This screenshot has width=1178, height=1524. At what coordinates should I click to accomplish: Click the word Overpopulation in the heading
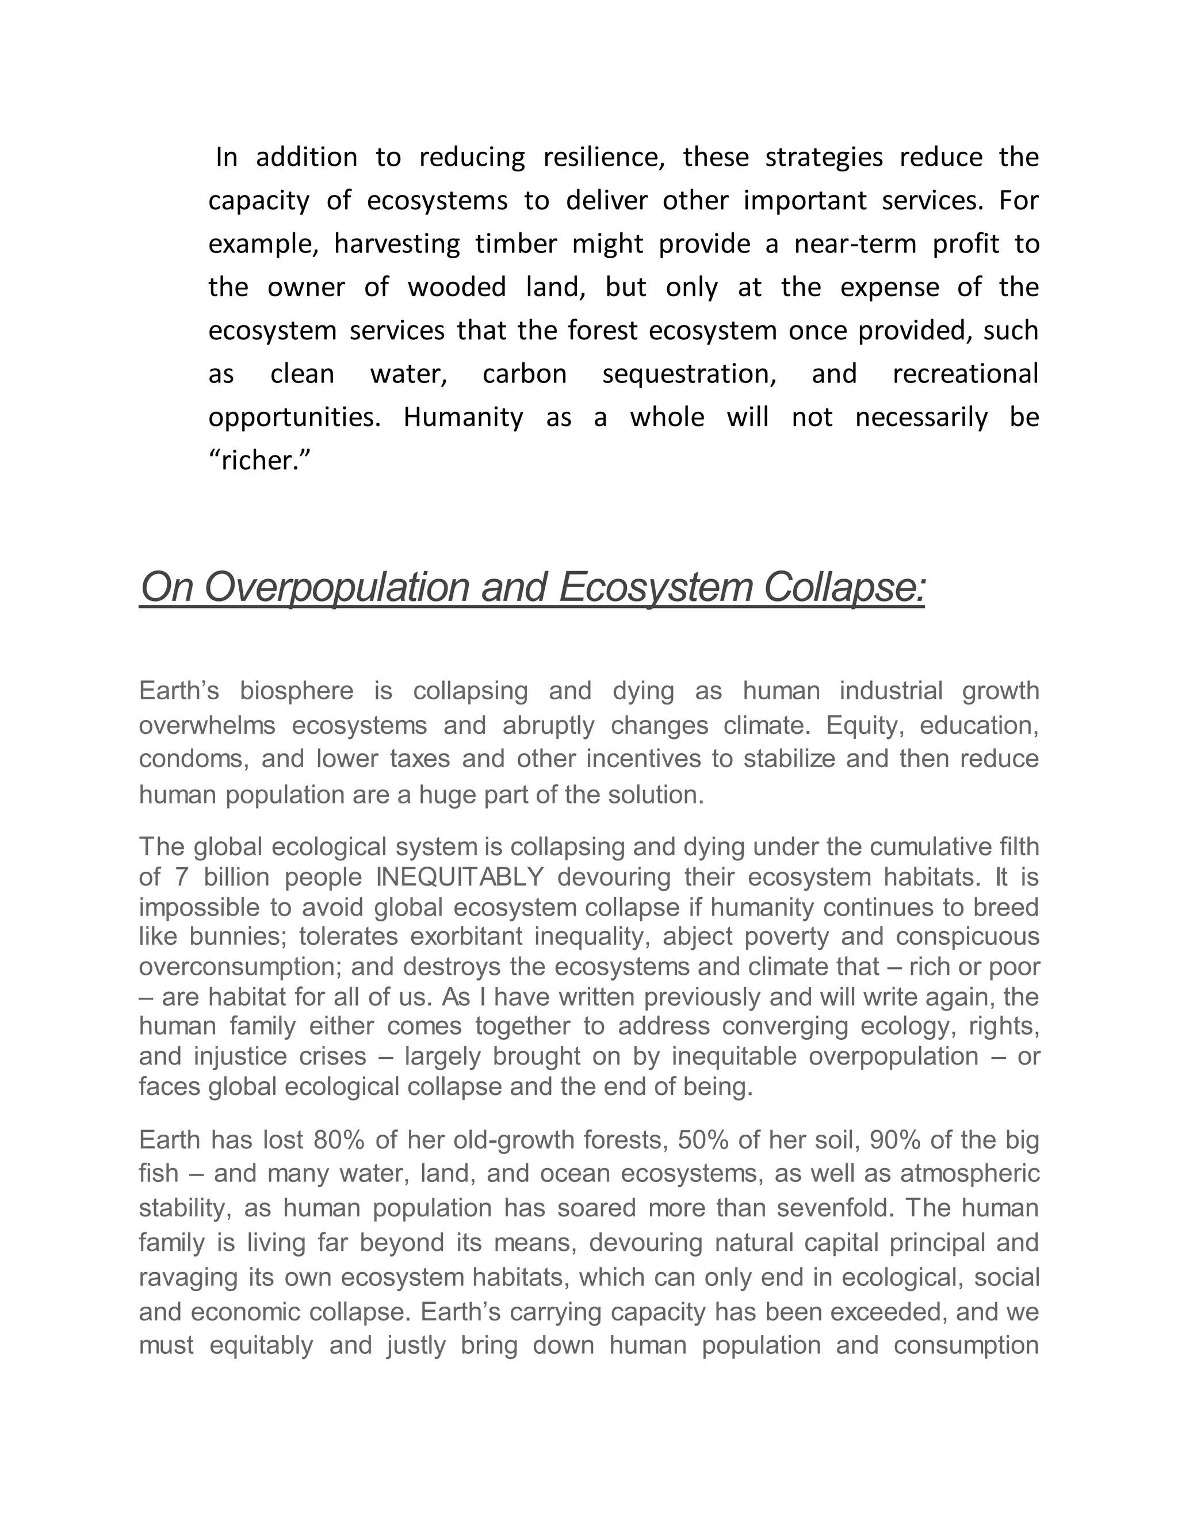pyautogui.click(x=336, y=588)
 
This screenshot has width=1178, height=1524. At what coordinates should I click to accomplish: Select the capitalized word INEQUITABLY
pyautogui.click(x=460, y=877)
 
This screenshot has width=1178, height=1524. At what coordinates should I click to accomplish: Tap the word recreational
pyautogui.click(x=965, y=374)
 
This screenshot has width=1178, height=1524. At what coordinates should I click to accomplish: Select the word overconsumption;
pyautogui.click(x=240, y=967)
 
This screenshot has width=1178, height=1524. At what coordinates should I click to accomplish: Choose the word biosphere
pyautogui.click(x=297, y=691)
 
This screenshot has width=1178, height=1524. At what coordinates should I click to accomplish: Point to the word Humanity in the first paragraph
pyautogui.click(x=462, y=418)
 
